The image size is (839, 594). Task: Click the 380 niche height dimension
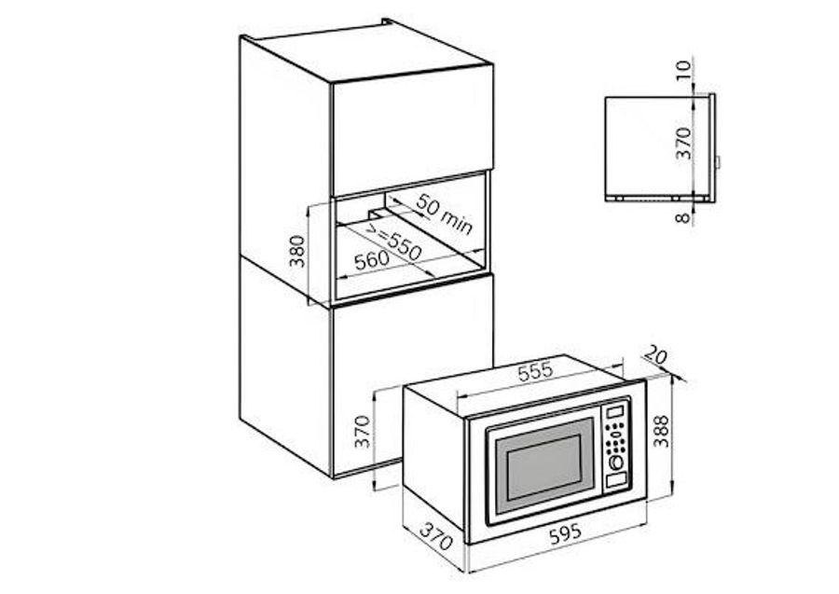coord(296,251)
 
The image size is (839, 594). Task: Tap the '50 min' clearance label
coord(444,214)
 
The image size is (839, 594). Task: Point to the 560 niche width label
coord(371,260)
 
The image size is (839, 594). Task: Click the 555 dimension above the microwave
coord(534,371)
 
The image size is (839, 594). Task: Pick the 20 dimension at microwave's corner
coord(654,354)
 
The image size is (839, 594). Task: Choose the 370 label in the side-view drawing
coord(684,144)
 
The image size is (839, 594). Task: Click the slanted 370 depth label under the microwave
coord(435,537)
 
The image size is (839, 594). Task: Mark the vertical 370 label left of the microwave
coord(363,432)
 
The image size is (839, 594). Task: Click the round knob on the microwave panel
coord(616,462)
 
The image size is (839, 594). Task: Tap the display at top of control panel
coord(615,412)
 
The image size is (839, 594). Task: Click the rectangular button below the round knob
coord(616,480)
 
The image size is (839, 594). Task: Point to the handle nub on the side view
coord(718,162)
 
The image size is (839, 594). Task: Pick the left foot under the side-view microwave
coord(619,198)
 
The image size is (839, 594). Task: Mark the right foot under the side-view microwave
coord(675,198)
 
